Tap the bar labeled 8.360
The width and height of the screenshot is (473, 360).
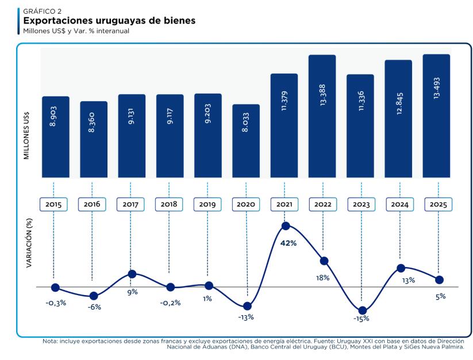pyautogui.click(x=94, y=140)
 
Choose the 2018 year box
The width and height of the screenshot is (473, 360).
pyautogui.click(x=170, y=204)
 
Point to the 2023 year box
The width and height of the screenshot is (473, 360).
pyautogui.click(x=360, y=204)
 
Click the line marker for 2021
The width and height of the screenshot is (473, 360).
pyautogui.click(x=285, y=226)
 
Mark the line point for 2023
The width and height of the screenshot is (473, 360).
pyautogui.click(x=362, y=311)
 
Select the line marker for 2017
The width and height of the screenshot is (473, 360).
pyautogui.click(x=132, y=274)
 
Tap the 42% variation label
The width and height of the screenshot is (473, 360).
pyautogui.click(x=289, y=243)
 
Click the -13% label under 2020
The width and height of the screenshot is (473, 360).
pyautogui.click(x=246, y=317)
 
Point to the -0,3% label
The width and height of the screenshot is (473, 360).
pyautogui.click(x=56, y=302)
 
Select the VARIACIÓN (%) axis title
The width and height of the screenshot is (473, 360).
pyautogui.click(x=28, y=241)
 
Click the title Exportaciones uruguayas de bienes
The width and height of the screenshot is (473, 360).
pyautogui.click(x=109, y=21)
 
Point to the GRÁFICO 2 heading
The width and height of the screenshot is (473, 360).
pyautogui.click(x=42, y=11)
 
